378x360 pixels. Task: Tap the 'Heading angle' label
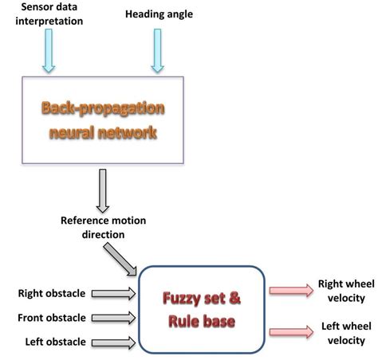tap(159, 14)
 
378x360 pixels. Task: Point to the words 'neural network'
tap(104, 131)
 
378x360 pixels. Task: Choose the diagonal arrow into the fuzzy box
tap(120, 258)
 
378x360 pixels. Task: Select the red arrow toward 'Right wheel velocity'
tap(292, 292)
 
